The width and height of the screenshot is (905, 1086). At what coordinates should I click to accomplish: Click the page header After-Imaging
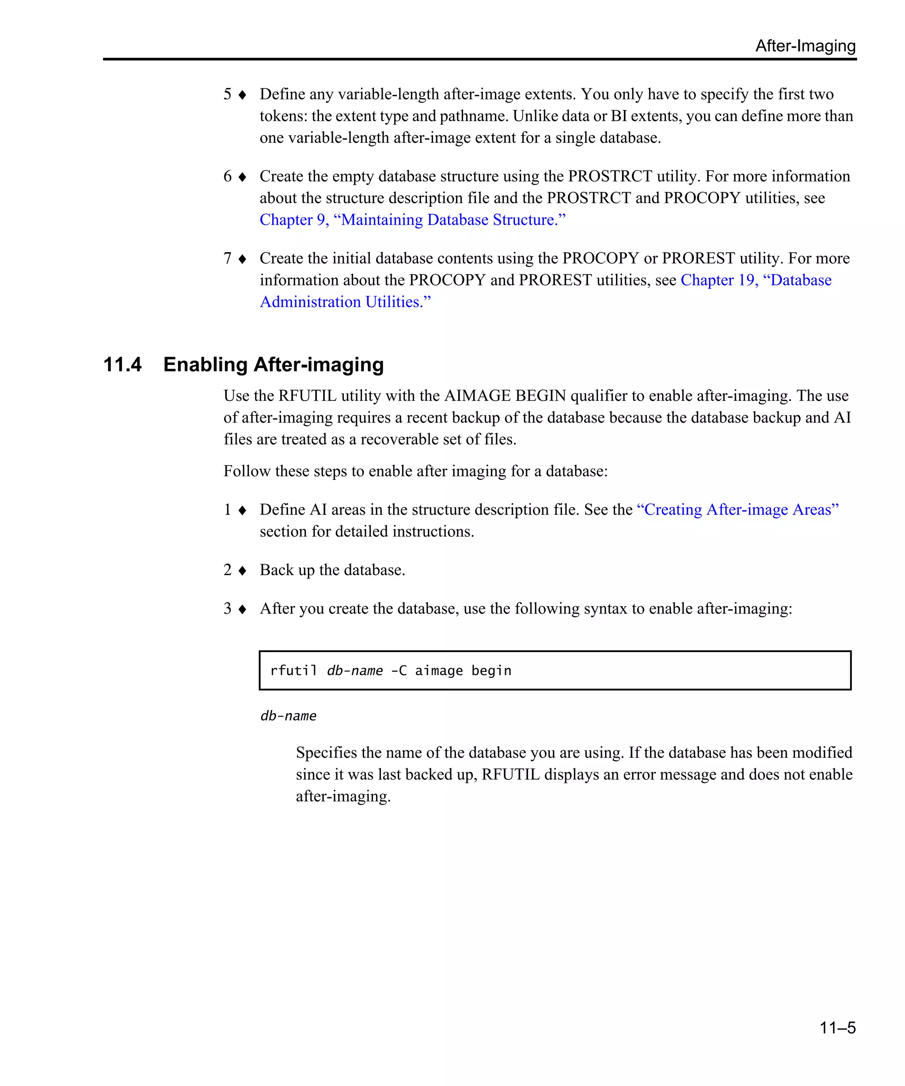coord(805,46)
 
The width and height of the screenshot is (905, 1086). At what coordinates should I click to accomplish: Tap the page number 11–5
coord(837,1027)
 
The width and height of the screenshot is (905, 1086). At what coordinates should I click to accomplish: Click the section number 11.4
coord(122,365)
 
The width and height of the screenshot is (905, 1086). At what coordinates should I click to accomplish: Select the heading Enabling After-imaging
coord(273,365)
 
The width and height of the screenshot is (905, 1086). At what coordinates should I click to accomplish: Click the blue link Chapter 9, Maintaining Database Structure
coord(412,220)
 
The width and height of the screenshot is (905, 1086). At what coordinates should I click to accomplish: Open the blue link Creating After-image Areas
coord(737,509)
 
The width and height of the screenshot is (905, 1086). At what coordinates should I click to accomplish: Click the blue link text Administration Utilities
coord(345,302)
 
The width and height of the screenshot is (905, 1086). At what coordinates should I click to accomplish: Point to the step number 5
coord(227,94)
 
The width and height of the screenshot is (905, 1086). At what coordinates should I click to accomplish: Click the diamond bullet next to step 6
coord(242,177)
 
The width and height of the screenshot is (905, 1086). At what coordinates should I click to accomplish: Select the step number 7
coord(227,258)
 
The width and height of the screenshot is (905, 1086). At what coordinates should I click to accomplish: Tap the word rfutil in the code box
coord(293,671)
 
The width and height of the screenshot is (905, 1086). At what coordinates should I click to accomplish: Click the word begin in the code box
coord(491,671)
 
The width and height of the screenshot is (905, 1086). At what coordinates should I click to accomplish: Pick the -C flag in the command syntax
coord(399,671)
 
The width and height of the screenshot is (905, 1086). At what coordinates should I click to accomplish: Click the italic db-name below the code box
coord(288,716)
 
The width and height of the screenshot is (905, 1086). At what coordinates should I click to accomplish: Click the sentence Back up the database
coord(332,570)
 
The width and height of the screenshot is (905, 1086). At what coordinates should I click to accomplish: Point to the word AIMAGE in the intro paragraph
coord(477,395)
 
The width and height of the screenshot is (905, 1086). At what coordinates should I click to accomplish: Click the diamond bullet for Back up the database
coord(242,570)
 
